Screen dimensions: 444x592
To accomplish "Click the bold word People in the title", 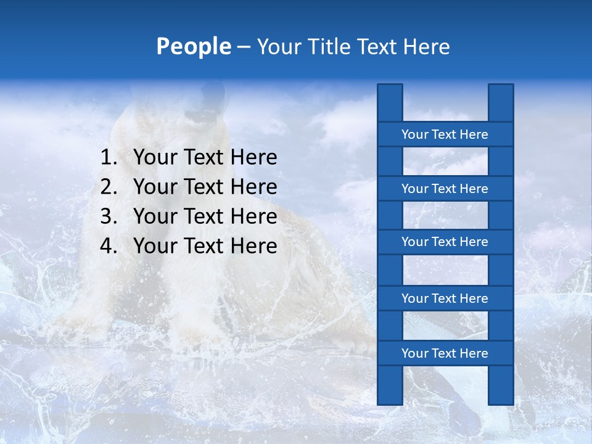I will point(194,46).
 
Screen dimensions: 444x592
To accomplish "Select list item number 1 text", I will point(205,157).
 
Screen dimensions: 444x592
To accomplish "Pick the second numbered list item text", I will point(205,187).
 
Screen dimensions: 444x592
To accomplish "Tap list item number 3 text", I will point(205,216).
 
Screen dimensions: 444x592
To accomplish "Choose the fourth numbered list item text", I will point(205,246).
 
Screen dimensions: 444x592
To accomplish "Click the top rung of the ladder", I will point(445,134).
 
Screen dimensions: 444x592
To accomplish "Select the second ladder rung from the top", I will point(445,189).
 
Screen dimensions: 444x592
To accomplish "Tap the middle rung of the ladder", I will point(445,242).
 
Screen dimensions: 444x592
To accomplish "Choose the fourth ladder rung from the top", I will point(445,298).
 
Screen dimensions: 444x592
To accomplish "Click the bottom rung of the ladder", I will point(445,353).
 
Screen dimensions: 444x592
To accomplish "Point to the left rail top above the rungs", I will point(390,102).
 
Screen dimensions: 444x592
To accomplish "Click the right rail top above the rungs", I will point(501,102).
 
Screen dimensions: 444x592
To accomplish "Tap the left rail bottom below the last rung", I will point(390,385).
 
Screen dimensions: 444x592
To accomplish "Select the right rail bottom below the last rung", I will point(501,385).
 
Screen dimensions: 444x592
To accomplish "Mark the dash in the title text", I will point(243,47).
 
